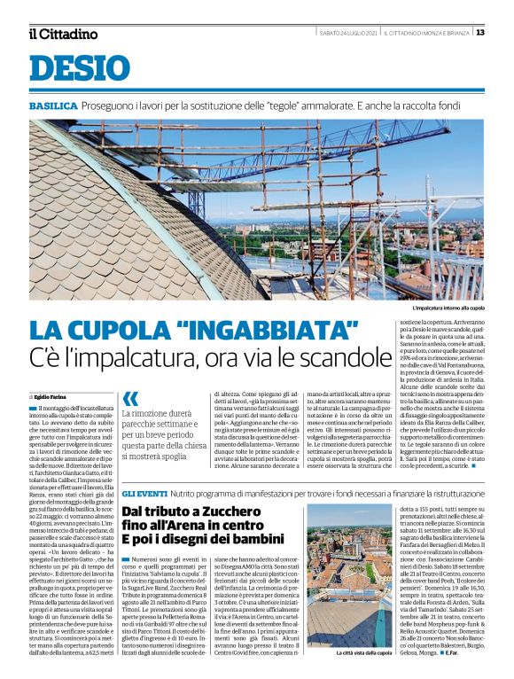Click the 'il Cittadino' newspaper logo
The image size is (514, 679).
click(62, 34)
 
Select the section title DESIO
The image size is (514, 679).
click(79, 69)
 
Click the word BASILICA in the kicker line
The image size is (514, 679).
click(52, 106)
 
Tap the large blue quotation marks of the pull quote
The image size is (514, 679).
click(130, 398)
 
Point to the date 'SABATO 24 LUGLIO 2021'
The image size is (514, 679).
click(348, 33)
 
